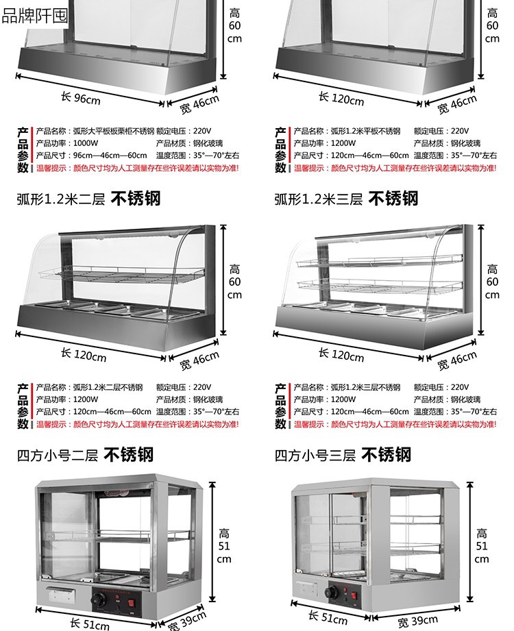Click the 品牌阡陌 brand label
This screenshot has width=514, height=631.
(x=34, y=14)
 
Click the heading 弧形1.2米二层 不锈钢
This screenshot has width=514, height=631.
(x=88, y=199)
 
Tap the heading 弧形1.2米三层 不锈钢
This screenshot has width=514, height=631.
(x=346, y=199)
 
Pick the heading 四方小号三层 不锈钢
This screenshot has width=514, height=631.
(x=343, y=454)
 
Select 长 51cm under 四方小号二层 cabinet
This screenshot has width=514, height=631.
(x=89, y=623)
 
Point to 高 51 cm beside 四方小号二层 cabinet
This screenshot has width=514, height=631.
(x=224, y=545)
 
